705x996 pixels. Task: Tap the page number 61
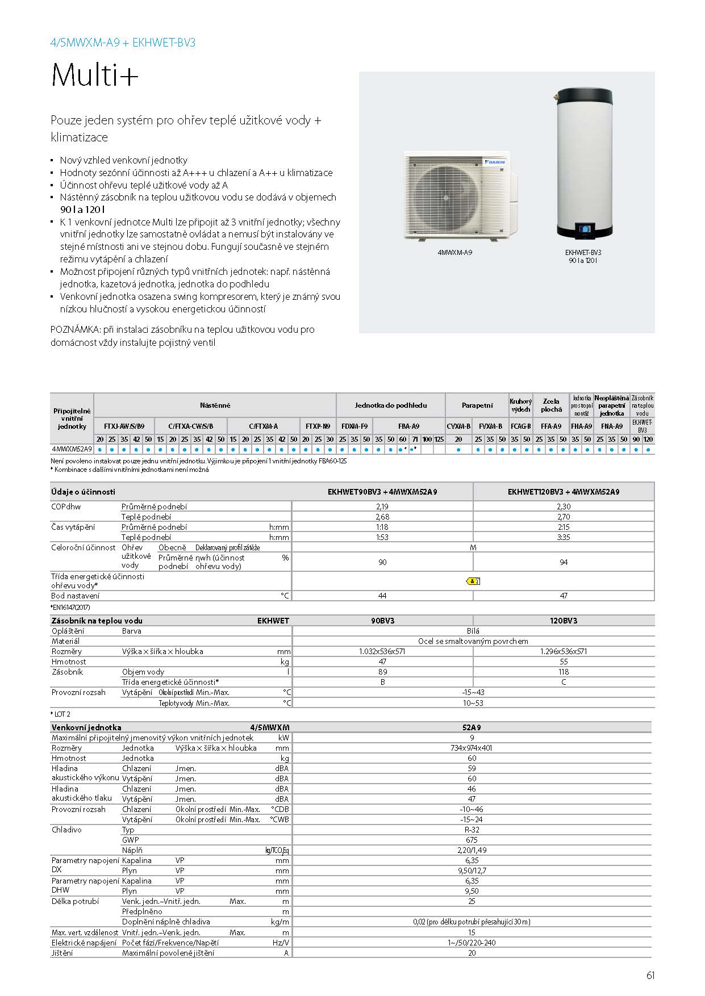pos(650,976)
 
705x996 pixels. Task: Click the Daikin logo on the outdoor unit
pos(497,162)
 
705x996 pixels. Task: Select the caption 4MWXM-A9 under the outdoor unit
pos(454,252)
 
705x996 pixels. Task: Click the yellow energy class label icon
pos(473,581)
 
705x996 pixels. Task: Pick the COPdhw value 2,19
pos(382,507)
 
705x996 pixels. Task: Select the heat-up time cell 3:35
pos(563,537)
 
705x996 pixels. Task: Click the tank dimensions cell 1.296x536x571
pos(563,651)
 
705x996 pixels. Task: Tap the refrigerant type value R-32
pos(472,830)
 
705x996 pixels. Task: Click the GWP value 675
pos(472,840)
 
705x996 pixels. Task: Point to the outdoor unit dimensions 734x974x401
pos(472,748)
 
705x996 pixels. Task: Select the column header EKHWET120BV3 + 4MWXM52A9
pos(563,492)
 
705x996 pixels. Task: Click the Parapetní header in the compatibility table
pos(477,405)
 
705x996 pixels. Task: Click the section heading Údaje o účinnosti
pos(83,492)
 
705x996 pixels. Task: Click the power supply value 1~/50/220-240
pos(472,943)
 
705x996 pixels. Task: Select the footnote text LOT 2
pos(62,714)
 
